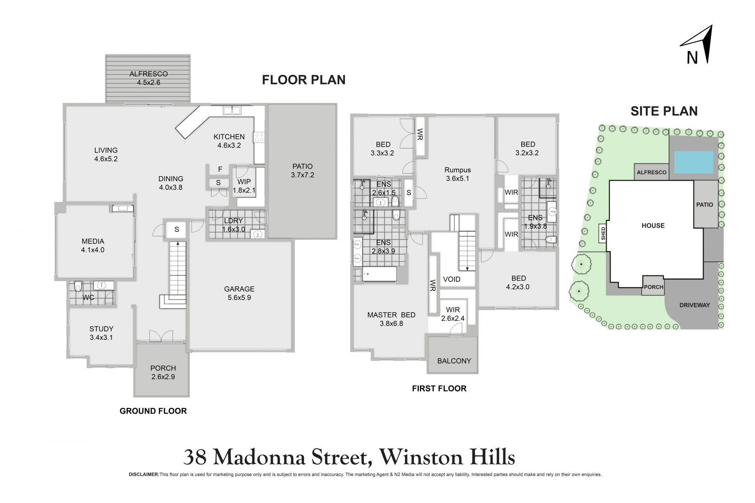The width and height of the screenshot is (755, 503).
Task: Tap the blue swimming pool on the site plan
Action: (694, 162)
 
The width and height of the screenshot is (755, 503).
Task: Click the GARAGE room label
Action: (239, 289)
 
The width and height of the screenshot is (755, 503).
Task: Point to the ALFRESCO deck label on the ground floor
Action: (149, 74)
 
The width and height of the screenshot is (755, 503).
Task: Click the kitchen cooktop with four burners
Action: (260, 138)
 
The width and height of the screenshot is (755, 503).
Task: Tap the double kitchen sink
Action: (232, 110)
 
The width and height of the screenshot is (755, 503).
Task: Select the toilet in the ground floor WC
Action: (78, 286)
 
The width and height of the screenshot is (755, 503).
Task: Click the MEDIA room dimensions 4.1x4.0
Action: (93, 250)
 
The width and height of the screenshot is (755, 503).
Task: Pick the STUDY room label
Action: (101, 329)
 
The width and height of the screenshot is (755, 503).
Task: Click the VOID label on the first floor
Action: (451, 279)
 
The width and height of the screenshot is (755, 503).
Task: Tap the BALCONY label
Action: (454, 361)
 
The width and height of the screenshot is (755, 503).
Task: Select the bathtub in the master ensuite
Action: (379, 275)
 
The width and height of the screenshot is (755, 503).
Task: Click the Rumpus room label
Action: (458, 170)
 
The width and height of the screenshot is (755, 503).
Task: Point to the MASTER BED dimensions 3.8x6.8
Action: (392, 324)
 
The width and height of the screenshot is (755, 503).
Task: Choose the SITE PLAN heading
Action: (664, 111)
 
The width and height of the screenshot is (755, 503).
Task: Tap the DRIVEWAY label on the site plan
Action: (694, 305)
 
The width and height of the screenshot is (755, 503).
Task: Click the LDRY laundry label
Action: (233, 221)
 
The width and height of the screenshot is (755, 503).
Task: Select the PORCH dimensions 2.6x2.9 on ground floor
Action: (163, 377)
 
